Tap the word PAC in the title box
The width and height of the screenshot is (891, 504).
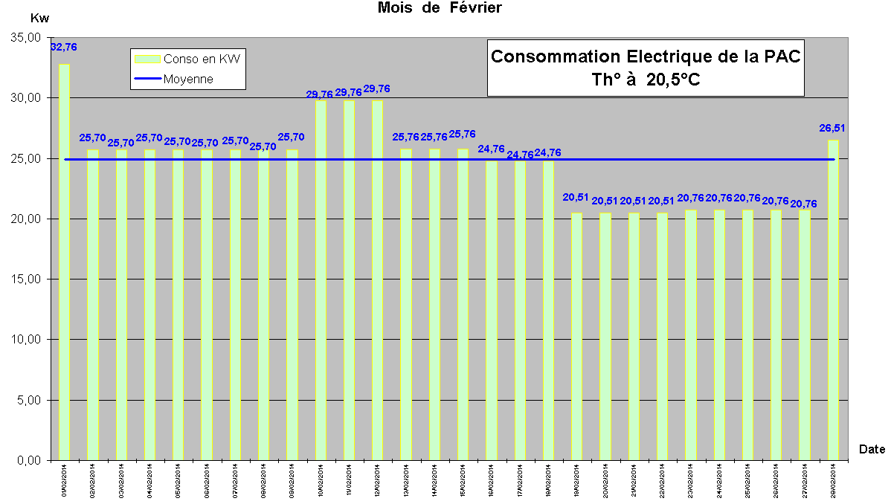point(781,57)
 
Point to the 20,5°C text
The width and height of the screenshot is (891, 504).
point(674,80)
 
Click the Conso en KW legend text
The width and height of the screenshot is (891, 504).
point(202,59)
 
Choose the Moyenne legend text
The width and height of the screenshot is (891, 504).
point(188,79)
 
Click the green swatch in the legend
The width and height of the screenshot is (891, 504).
point(146,59)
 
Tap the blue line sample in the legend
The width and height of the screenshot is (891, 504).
point(146,79)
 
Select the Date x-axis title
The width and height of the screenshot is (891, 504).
point(872,449)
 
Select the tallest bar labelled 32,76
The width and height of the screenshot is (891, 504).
point(65,260)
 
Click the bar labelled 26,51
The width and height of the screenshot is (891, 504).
point(833,297)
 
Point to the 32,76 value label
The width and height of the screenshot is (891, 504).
point(63,47)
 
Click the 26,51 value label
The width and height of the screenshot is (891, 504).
point(833,128)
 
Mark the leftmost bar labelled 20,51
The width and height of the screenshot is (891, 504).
point(576,335)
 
